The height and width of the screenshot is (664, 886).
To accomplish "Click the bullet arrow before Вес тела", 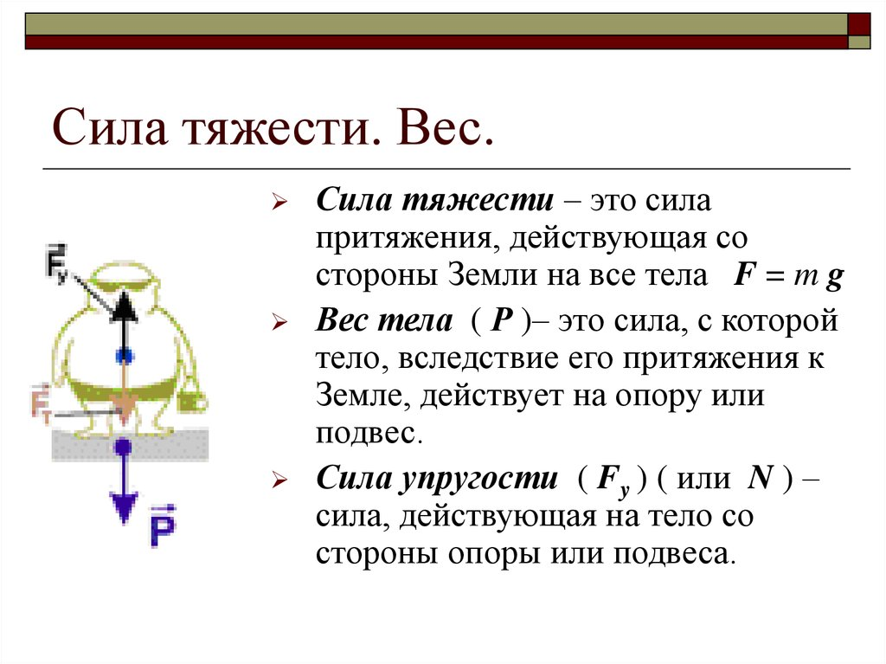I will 279,323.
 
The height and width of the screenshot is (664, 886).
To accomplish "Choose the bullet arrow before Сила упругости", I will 279,480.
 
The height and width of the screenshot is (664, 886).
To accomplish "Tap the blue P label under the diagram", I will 162,530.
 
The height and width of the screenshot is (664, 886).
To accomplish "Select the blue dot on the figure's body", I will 126,355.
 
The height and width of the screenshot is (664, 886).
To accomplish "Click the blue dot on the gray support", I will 124,447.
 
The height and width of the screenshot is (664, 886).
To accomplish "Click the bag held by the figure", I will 196,400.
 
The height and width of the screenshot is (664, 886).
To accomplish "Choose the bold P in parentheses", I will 502,321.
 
